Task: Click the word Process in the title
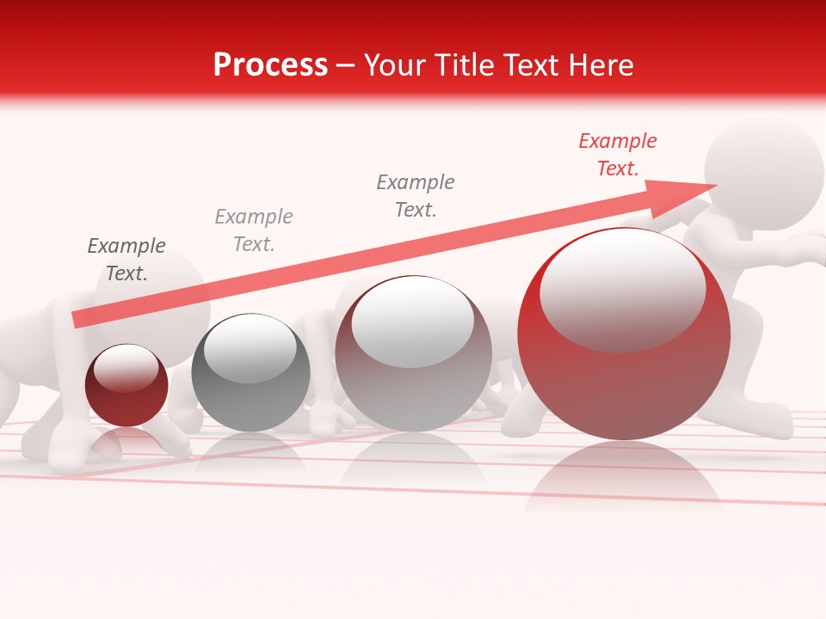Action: point(270,65)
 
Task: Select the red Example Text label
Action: point(617,155)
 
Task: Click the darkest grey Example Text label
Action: point(126,260)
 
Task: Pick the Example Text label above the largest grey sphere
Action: point(416,196)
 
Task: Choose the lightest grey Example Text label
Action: point(254,230)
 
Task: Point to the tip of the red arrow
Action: point(714,186)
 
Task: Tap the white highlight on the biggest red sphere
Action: point(621,288)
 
